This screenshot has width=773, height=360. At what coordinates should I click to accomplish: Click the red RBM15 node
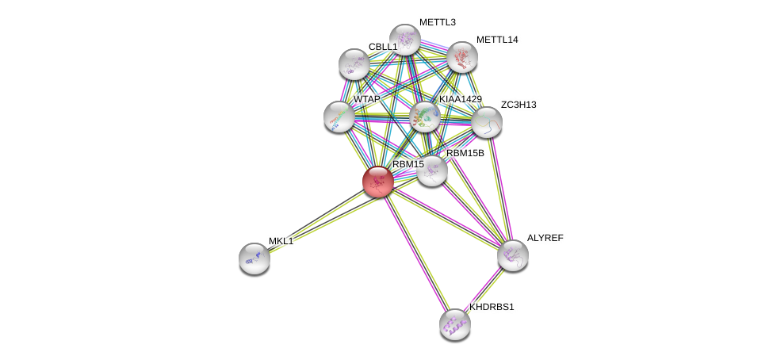(378, 182)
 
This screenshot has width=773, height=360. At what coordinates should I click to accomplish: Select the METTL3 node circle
(404, 40)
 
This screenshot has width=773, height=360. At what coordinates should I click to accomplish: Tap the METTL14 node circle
(461, 57)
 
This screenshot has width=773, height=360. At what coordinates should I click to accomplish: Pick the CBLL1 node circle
(354, 64)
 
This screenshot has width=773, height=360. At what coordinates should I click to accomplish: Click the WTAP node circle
(339, 117)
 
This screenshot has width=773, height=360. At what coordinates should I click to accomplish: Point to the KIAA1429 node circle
(426, 117)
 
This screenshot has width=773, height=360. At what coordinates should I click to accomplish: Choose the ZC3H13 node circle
(487, 122)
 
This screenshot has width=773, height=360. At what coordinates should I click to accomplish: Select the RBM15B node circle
(432, 170)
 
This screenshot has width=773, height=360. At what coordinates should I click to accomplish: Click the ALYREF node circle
(513, 255)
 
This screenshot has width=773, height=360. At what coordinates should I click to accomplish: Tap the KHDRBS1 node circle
(455, 324)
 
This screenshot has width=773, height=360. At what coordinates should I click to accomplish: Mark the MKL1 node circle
(254, 259)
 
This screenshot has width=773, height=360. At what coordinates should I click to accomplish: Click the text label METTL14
(497, 40)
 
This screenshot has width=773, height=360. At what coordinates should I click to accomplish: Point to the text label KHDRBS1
(492, 307)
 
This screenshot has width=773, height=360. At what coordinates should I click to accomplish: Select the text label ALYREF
(545, 238)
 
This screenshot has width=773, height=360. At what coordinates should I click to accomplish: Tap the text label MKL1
(281, 241)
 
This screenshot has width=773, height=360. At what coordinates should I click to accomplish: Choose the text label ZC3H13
(518, 105)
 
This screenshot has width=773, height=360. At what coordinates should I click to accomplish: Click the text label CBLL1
(382, 47)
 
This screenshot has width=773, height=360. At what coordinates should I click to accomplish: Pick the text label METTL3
(437, 22)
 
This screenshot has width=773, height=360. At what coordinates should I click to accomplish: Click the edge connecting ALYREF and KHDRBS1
(484, 289)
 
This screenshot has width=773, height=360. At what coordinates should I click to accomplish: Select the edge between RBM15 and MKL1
(317, 220)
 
